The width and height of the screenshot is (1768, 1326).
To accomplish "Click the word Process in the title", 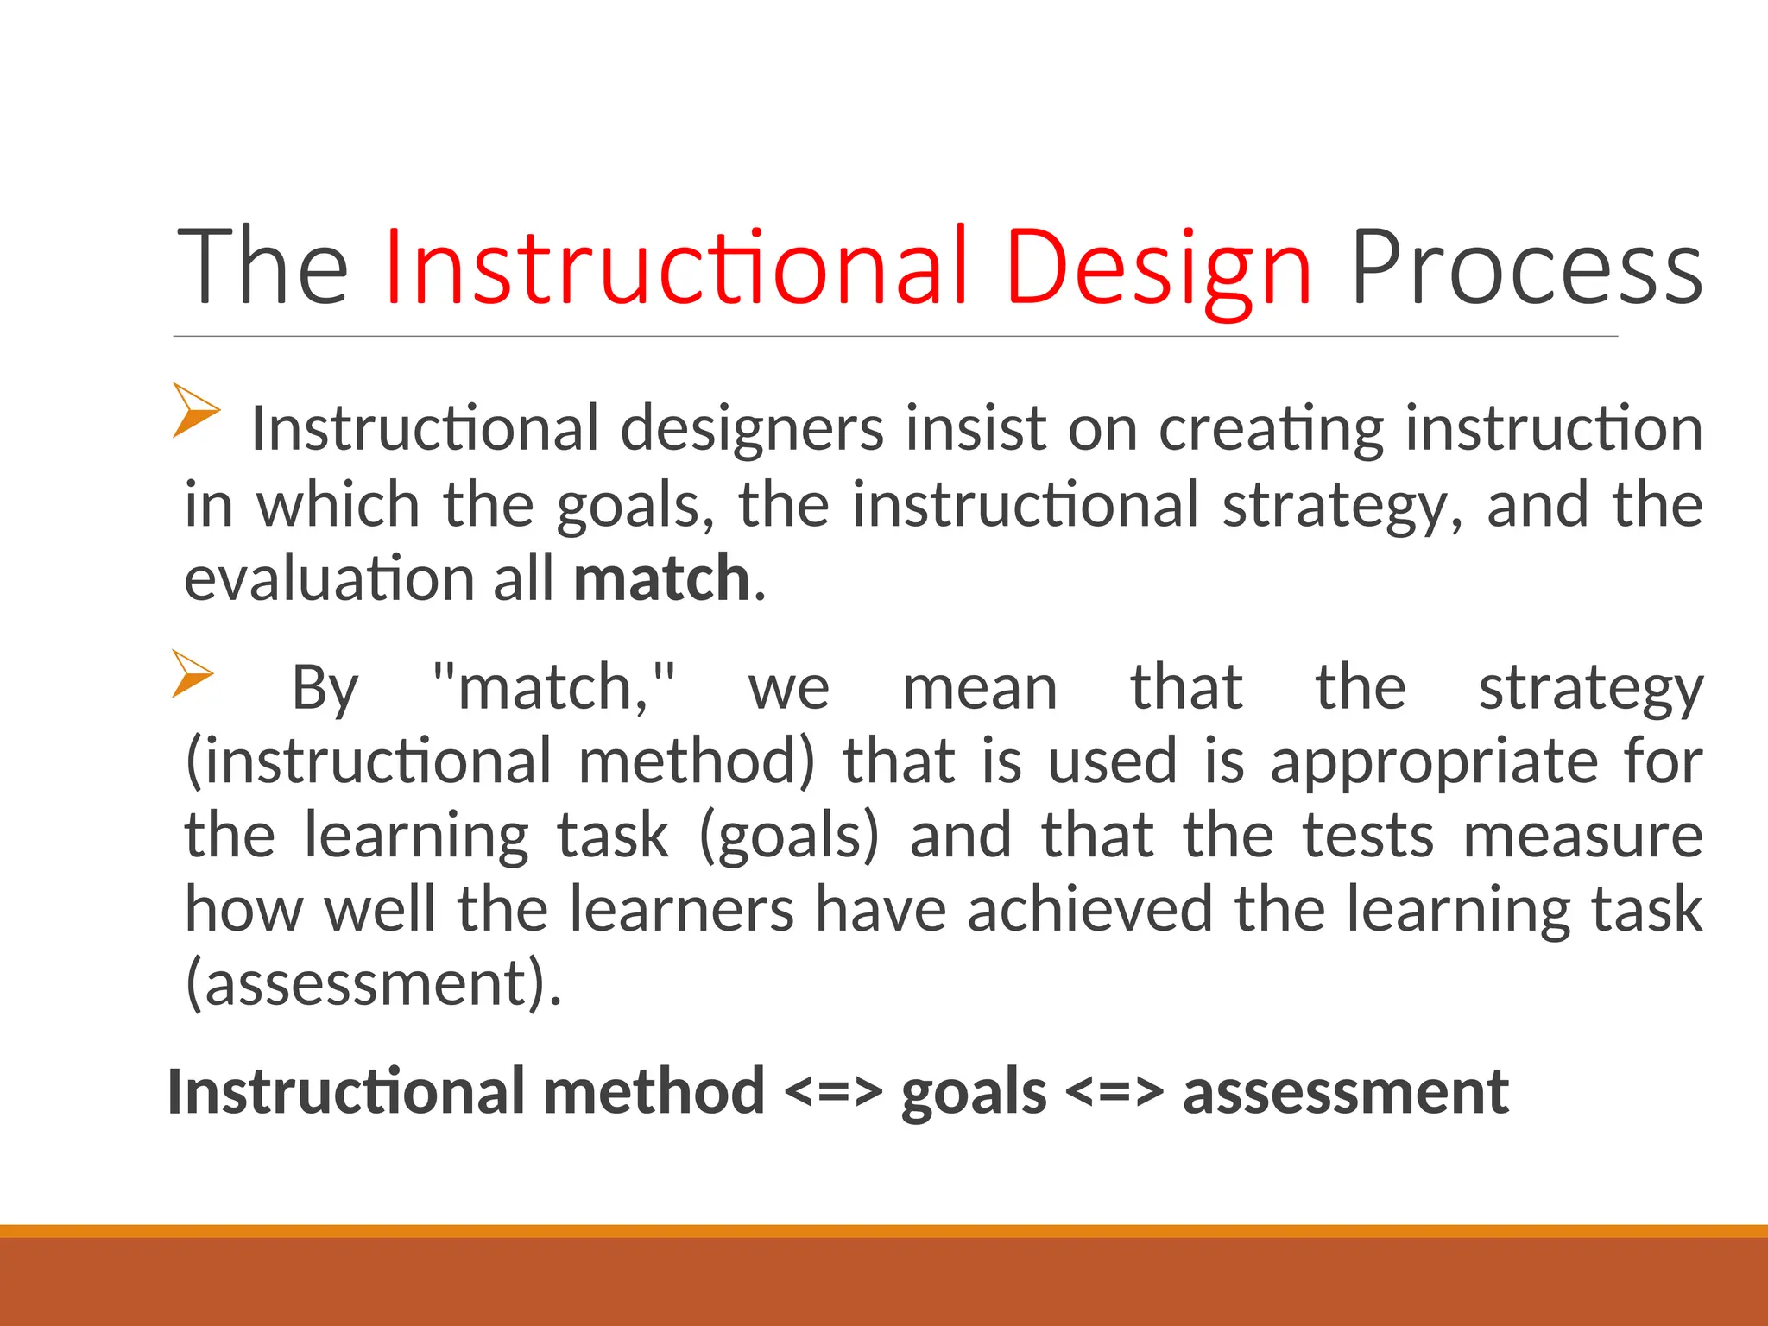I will click(x=1526, y=268).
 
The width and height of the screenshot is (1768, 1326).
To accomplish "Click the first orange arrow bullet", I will click(x=195, y=410).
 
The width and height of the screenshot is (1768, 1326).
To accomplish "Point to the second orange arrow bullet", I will click(x=192, y=673).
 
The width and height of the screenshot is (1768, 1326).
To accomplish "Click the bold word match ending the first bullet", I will click(x=661, y=578).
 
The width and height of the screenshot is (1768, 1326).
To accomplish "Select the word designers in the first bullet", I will click(x=752, y=429).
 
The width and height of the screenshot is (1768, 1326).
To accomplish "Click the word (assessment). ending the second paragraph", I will click(x=373, y=983).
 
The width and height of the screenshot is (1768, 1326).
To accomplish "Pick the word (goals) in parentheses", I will click(x=788, y=836).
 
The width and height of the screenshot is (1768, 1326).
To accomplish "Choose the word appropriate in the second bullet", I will click(x=1434, y=763).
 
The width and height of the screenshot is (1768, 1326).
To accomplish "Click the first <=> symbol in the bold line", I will click(x=833, y=1093).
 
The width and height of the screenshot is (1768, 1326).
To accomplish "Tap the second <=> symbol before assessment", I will click(x=1114, y=1093).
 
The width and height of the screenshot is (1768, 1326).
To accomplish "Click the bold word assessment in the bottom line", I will click(x=1345, y=1093).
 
